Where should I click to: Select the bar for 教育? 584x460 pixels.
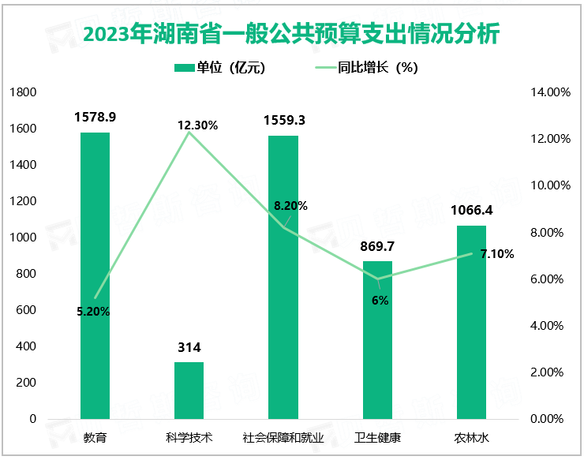pyautogui.click(x=95, y=275)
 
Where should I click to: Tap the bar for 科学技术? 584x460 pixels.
pyautogui.click(x=189, y=390)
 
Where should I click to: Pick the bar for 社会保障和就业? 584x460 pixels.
pyautogui.click(x=283, y=277)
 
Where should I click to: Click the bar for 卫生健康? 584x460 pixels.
pyautogui.click(x=377, y=339)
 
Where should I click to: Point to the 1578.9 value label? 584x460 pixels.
pyautogui.click(x=95, y=117)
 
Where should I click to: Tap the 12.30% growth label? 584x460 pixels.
pyautogui.click(x=197, y=125)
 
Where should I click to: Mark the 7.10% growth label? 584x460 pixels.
pyautogui.click(x=497, y=254)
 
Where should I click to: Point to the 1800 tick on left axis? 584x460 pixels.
pyautogui.click(x=24, y=92)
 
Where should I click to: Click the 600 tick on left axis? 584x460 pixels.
pyautogui.click(x=27, y=310)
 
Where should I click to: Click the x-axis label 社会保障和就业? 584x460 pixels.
pyautogui.click(x=283, y=437)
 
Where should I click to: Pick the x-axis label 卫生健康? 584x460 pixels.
pyautogui.click(x=377, y=437)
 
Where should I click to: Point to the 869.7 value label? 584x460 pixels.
pyautogui.click(x=377, y=247)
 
